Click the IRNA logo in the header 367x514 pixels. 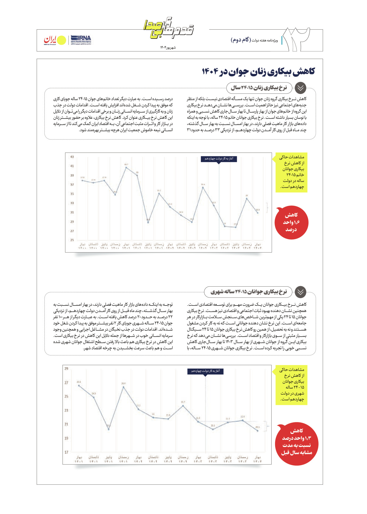(81, 40)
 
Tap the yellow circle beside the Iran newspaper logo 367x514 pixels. (61, 41)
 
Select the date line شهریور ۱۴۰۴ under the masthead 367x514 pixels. (168, 47)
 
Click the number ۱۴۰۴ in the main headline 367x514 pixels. (210, 71)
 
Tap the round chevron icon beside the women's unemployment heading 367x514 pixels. (300, 88)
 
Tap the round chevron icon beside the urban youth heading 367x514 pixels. (300, 292)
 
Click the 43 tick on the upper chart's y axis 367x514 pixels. (72, 157)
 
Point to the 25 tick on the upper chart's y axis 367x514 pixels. (72, 240)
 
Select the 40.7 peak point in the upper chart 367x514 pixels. (126, 167)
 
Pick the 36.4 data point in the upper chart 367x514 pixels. (203, 187)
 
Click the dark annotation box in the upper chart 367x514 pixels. (219, 159)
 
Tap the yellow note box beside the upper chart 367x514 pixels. (292, 172)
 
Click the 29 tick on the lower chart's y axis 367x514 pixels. (66, 369)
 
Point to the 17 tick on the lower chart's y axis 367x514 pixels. (66, 452)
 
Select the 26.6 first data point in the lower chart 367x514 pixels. (79, 385)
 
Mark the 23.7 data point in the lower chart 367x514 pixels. (183, 406)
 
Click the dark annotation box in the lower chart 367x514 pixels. (206, 371)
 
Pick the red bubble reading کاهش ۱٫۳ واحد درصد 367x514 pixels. (297, 442)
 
